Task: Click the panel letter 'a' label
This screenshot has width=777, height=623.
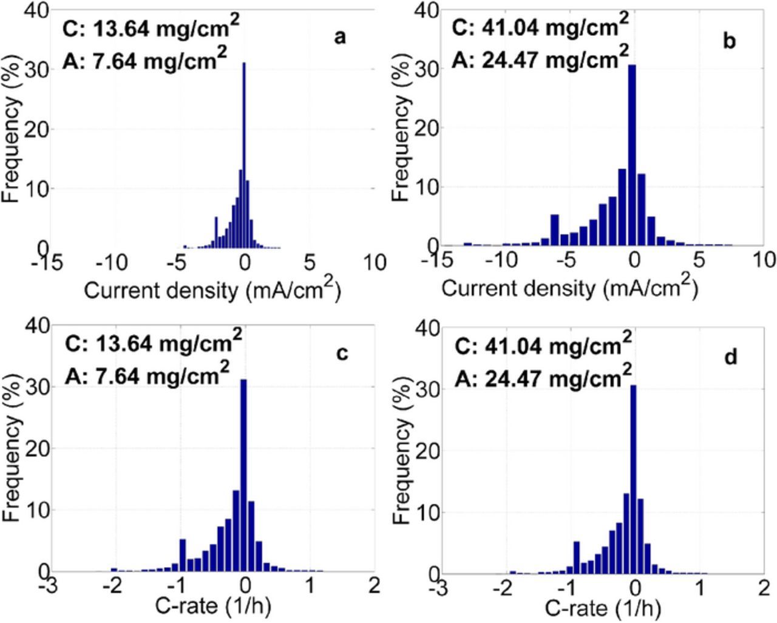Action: click(x=340, y=38)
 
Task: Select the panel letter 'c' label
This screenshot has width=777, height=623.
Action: click(x=342, y=353)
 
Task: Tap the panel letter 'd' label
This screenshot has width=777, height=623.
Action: click(x=730, y=357)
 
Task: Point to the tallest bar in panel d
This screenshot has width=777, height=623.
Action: click(x=633, y=480)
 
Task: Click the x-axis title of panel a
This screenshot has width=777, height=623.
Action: click(x=212, y=290)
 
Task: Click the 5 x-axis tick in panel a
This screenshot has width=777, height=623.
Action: click(x=310, y=263)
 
